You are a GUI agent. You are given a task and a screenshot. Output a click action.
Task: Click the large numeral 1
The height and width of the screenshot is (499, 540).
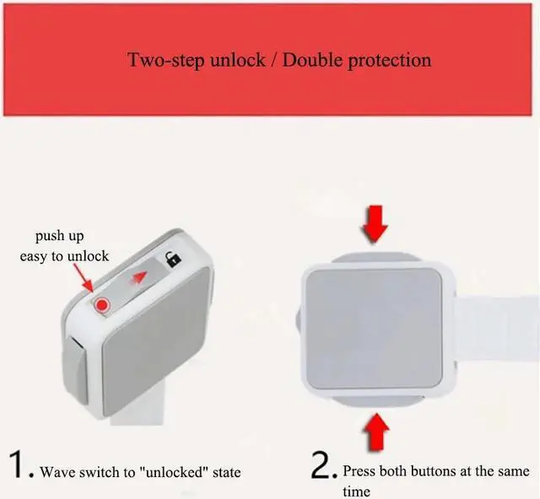[18, 465]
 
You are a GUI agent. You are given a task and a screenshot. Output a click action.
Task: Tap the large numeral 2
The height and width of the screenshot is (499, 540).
[324, 465]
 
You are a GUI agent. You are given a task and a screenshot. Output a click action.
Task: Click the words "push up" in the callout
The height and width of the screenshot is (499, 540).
[59, 236]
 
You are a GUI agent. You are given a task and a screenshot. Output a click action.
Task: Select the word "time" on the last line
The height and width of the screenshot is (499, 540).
[356, 491]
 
